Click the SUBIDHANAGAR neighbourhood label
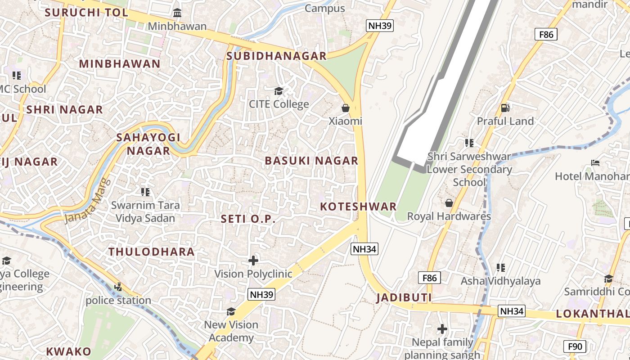pos(276,56)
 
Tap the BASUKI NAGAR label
pos(311,161)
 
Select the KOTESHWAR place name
pos(358,207)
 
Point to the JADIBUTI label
pos(404,297)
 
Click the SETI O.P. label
pos(247,219)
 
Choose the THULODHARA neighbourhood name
pos(152,252)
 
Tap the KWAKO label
pos(68,351)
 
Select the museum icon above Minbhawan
pos(177,13)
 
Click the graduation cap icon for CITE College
pos(279,91)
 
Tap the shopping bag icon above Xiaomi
pos(346,108)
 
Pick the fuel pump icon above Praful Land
pos(505,108)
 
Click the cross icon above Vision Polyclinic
pos(253,260)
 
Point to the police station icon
pos(118,287)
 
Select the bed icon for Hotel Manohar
pos(595,163)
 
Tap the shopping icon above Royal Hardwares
pos(449,203)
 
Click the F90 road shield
pos(575,346)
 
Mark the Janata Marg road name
pos(87,201)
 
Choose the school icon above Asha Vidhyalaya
pos(500,268)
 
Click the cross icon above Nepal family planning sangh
pos(442,329)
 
